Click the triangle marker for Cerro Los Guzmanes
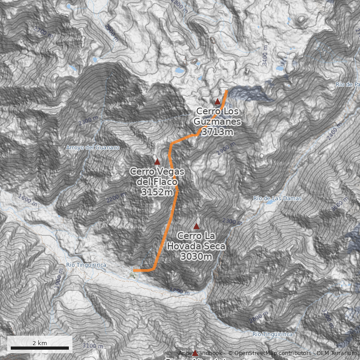217,102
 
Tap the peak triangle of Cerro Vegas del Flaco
157,162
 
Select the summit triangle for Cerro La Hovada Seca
196,226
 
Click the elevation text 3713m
217,132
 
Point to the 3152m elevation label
157,192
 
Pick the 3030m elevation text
196,256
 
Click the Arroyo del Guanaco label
93,148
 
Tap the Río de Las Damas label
277,198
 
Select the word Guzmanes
217,121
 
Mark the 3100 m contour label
93,346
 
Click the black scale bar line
40,348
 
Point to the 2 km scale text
40,343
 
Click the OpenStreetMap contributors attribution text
270,353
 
